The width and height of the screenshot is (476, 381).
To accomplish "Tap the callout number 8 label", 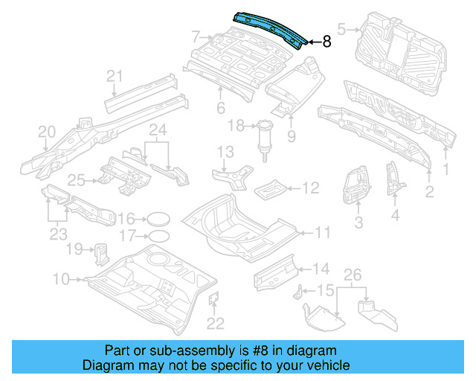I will [x=327, y=42].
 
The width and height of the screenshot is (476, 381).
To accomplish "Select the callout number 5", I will [x=341, y=29].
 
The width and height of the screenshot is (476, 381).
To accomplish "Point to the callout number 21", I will [x=114, y=75].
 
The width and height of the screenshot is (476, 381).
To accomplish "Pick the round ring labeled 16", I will [x=155, y=219].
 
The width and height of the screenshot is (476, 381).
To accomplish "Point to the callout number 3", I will [x=358, y=222].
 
